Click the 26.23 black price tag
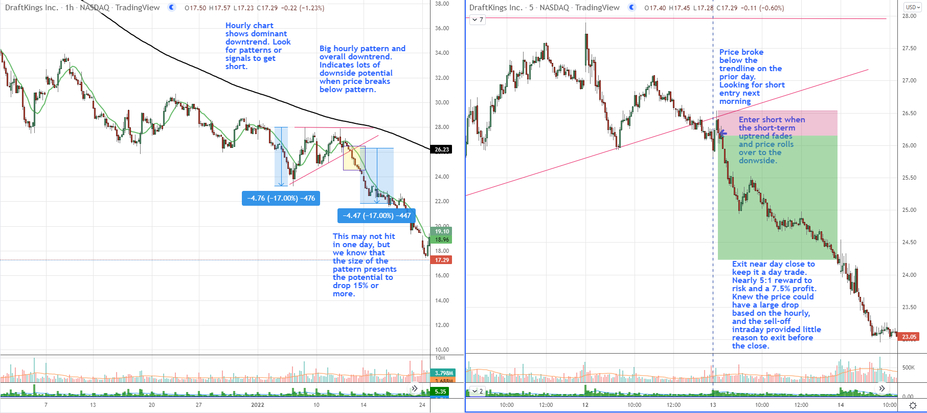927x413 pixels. click(x=442, y=149)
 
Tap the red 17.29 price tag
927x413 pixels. click(x=442, y=260)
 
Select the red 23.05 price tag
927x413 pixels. click(x=909, y=337)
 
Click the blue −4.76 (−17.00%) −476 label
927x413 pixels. click(x=281, y=198)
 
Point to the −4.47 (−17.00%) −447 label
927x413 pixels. click(x=376, y=215)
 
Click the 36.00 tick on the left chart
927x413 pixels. click(x=442, y=28)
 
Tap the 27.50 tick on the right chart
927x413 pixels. click(x=909, y=48)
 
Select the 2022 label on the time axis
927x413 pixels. click(x=257, y=405)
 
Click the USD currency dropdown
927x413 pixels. click(x=912, y=7)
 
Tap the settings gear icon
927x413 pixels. click(x=913, y=405)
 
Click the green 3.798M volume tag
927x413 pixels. click(x=442, y=373)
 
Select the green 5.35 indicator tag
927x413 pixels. click(x=440, y=392)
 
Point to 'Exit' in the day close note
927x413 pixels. click(x=739, y=264)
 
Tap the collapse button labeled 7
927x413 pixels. click(x=478, y=20)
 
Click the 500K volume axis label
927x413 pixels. click(x=908, y=367)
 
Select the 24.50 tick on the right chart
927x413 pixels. click(x=909, y=242)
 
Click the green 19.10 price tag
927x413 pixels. click(x=442, y=231)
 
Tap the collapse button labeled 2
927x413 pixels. click(x=478, y=392)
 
